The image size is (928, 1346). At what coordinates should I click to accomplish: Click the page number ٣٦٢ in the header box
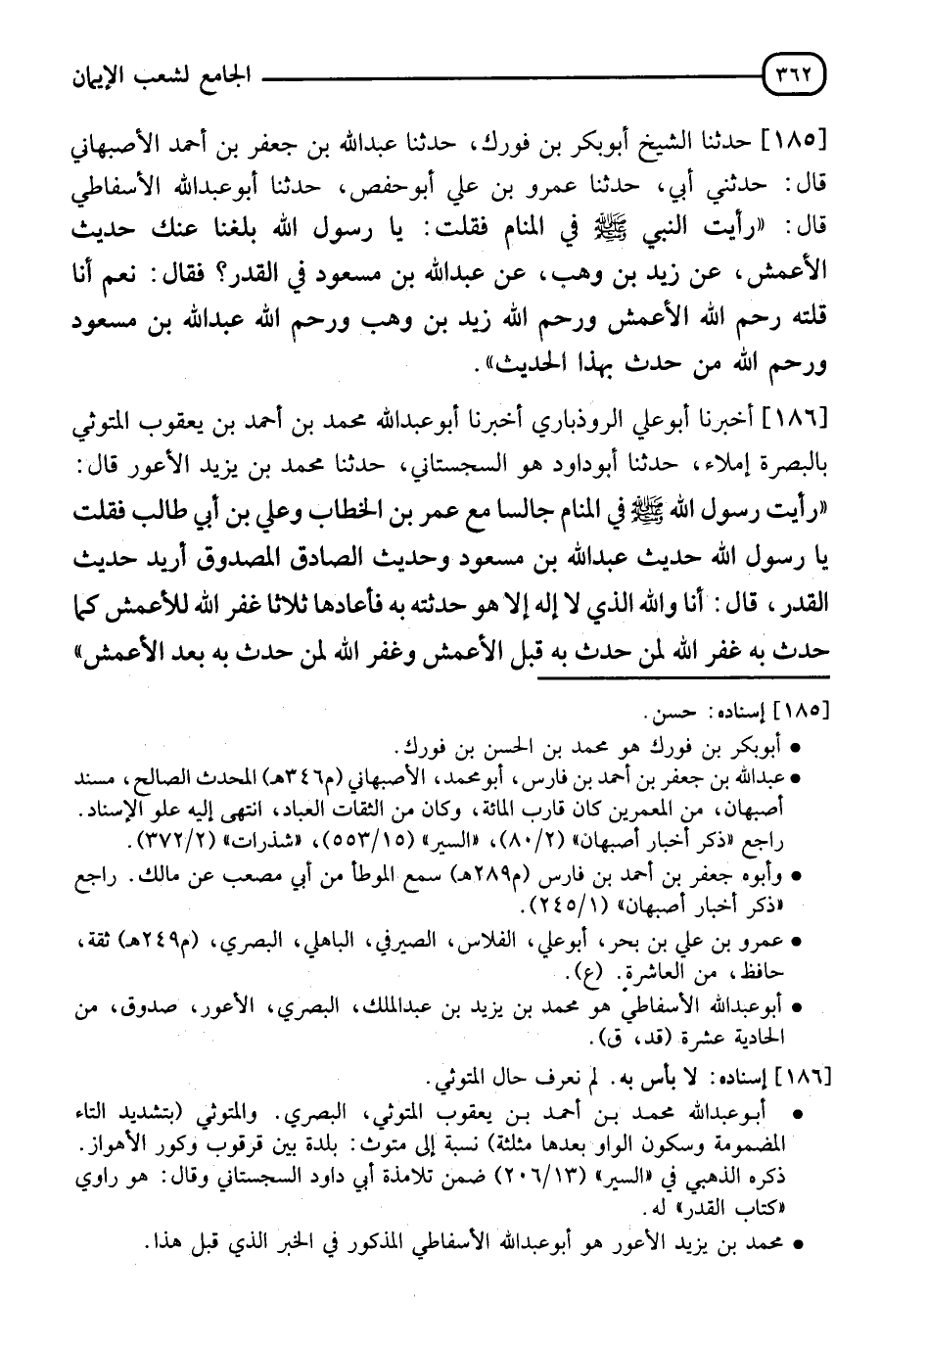[794, 73]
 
